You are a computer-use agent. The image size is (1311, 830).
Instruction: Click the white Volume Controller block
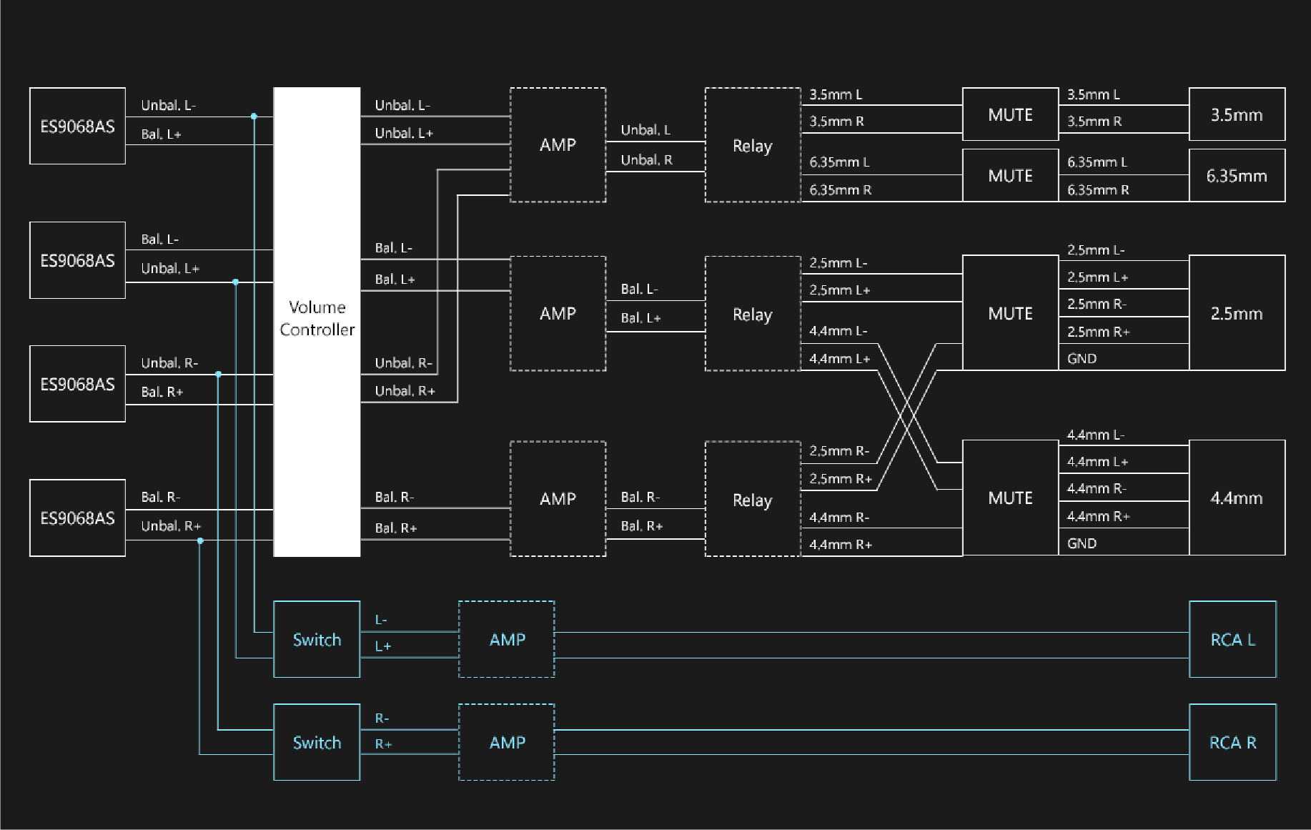pyautogui.click(x=317, y=322)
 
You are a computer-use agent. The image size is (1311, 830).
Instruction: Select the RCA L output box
pyautogui.click(x=1232, y=639)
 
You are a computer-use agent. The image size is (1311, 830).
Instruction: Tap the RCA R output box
pyautogui.click(x=1232, y=742)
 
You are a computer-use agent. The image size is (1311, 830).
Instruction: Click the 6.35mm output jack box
pyautogui.click(x=1237, y=176)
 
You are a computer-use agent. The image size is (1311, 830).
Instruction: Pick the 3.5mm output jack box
pyautogui.click(x=1237, y=114)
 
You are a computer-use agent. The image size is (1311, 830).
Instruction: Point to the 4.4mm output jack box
pyautogui.click(x=1237, y=498)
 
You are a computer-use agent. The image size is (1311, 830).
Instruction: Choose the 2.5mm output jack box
pyautogui.click(x=1237, y=313)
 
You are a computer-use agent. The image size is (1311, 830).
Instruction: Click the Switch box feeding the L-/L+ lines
pyautogui.click(x=317, y=639)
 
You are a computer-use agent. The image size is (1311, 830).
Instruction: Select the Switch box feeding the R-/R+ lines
pyautogui.click(x=317, y=742)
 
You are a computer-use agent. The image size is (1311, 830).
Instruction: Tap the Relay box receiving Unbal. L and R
pyautogui.click(x=753, y=145)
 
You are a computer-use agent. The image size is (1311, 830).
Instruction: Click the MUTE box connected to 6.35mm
pyautogui.click(x=1010, y=176)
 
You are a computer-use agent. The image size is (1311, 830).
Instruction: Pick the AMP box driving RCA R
pyautogui.click(x=507, y=742)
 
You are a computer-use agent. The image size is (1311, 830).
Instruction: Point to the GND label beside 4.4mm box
pyautogui.click(x=1082, y=543)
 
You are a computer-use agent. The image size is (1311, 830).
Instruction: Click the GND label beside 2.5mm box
pyautogui.click(x=1082, y=359)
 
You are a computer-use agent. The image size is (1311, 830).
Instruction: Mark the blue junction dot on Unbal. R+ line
pyautogui.click(x=200, y=541)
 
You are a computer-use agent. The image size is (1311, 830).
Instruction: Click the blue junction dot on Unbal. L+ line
pyautogui.click(x=236, y=282)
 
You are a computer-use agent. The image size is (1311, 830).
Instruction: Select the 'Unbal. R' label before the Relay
pyautogui.click(x=646, y=160)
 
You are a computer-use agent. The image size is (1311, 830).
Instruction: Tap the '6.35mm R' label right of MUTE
pyautogui.click(x=1098, y=190)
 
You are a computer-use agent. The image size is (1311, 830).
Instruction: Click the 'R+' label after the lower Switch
pyautogui.click(x=383, y=744)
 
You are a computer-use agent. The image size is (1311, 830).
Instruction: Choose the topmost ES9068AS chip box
pyautogui.click(x=77, y=126)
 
